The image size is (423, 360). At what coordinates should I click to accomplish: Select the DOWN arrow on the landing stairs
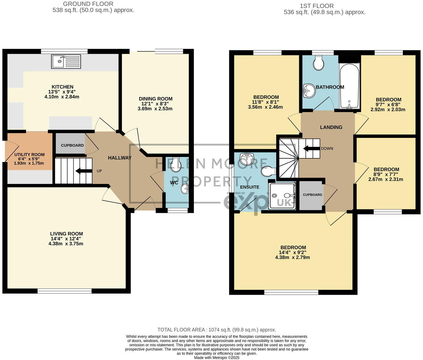pyautogui.click(x=311, y=148)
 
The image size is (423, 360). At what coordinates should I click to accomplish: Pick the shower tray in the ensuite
pyautogui.click(x=281, y=196)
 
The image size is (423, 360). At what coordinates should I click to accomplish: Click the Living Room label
pyautogui.click(x=67, y=234)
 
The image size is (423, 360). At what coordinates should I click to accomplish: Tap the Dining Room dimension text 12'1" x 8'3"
pyautogui.click(x=156, y=104)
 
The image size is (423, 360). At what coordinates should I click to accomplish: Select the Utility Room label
pyautogui.click(x=29, y=155)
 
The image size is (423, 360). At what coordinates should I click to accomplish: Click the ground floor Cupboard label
pyautogui.click(x=72, y=145)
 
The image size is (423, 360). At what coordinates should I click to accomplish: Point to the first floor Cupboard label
pyautogui.click(x=312, y=195)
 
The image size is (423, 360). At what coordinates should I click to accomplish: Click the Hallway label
pyautogui.click(x=120, y=158)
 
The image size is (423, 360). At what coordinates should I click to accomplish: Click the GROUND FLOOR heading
pyautogui.click(x=88, y=4)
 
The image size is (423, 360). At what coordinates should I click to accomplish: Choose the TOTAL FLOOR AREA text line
pyautogui.click(x=216, y=330)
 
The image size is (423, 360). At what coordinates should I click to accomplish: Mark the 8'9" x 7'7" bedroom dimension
pyautogui.click(x=386, y=174)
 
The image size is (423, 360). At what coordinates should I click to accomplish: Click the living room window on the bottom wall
pyautogui.click(x=65, y=291)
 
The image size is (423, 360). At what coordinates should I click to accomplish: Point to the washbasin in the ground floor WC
pyautogui.click(x=185, y=189)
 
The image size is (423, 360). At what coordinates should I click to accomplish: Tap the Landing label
pyautogui.click(x=331, y=127)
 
